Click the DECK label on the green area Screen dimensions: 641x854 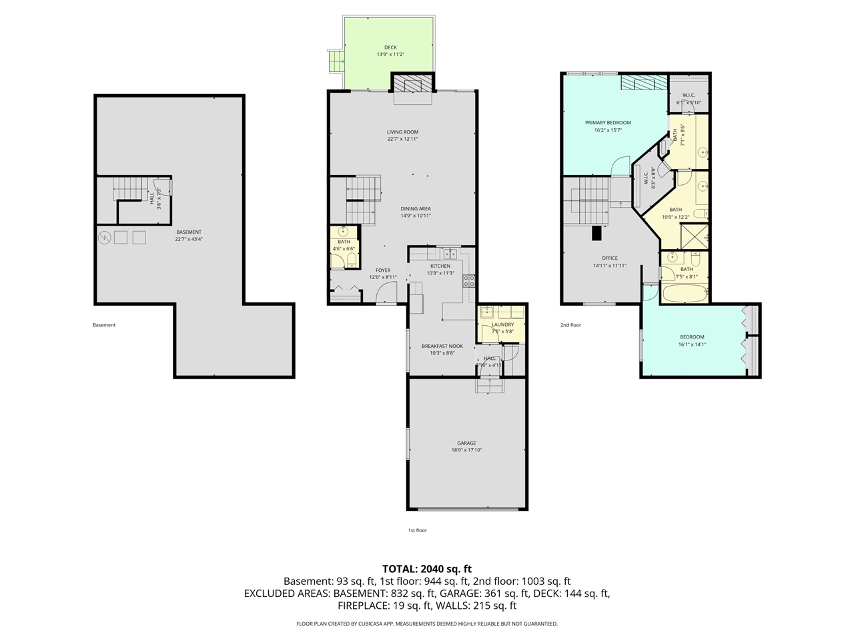coord(390,47)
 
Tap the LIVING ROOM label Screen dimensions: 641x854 coord(402,132)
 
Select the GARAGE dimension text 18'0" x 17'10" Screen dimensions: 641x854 coord(466,450)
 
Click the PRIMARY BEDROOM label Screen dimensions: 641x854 coord(608,123)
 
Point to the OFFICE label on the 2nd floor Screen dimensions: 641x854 coord(609,258)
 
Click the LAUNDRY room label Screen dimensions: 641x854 coord(502,325)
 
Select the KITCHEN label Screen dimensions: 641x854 coord(440,266)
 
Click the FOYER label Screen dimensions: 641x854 coord(382,270)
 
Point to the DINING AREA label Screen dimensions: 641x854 coord(416,209)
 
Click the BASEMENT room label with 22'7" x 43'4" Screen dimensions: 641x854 coord(189,232)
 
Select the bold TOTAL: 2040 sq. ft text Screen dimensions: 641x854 coord(426,569)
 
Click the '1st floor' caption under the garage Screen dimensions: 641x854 coord(417,530)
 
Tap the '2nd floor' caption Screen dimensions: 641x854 coord(570,325)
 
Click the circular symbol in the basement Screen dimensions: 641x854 coord(104,237)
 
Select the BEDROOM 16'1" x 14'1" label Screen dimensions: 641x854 coord(692,337)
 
